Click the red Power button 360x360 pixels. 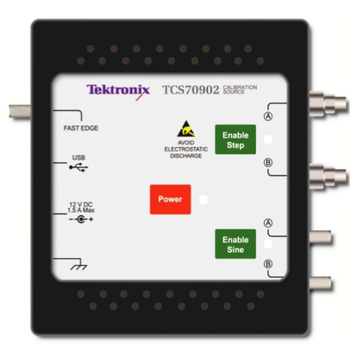(171, 199)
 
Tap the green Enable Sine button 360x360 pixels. (235, 244)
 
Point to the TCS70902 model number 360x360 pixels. (190, 90)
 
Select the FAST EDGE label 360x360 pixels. (81, 128)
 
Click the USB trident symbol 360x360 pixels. (78, 167)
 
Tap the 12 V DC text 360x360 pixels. (81, 204)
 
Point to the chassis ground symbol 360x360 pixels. (79, 267)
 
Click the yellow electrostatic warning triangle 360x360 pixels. (186, 129)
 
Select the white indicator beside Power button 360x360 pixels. (203, 199)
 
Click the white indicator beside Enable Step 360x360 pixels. (268, 139)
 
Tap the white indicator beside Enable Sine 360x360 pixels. (268, 244)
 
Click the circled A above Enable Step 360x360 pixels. (268, 116)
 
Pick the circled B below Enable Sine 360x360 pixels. (268, 264)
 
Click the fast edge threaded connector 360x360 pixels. (20, 111)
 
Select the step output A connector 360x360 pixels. (328, 104)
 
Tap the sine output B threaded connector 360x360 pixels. (320, 283)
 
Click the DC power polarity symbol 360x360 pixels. (81, 219)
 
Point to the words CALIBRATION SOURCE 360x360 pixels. (240, 90)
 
